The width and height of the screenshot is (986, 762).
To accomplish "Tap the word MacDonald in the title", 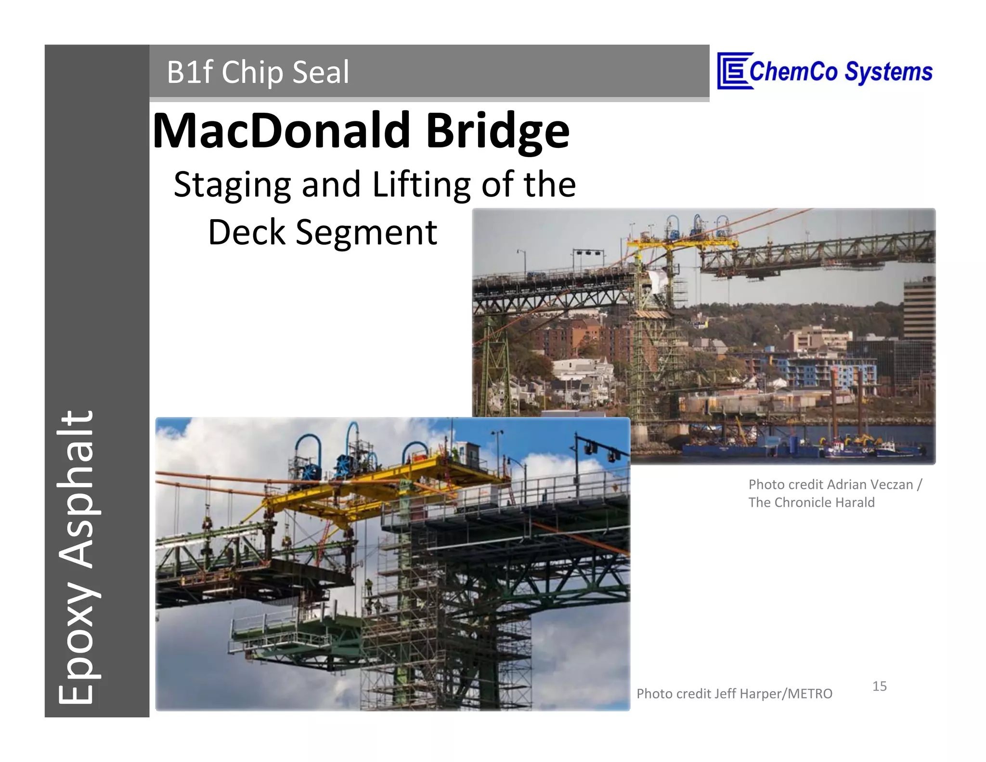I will coord(281,131).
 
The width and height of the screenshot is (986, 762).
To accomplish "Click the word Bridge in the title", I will coord(497,131).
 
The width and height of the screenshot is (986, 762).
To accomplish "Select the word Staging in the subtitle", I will coord(232,185).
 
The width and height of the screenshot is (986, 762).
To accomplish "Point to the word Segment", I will coord(366,233).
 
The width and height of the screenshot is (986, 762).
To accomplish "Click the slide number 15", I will coord(879,686).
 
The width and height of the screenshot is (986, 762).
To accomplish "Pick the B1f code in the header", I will coord(189,72).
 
